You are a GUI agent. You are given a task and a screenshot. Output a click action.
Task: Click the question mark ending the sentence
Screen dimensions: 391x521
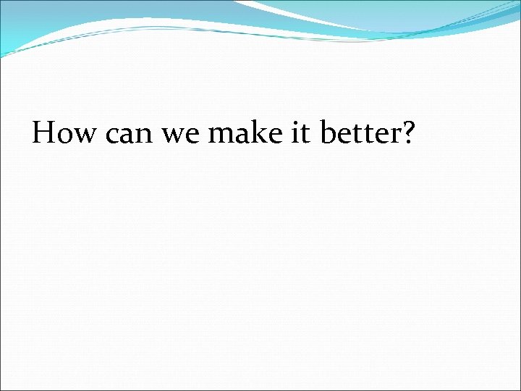tap(407, 133)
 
